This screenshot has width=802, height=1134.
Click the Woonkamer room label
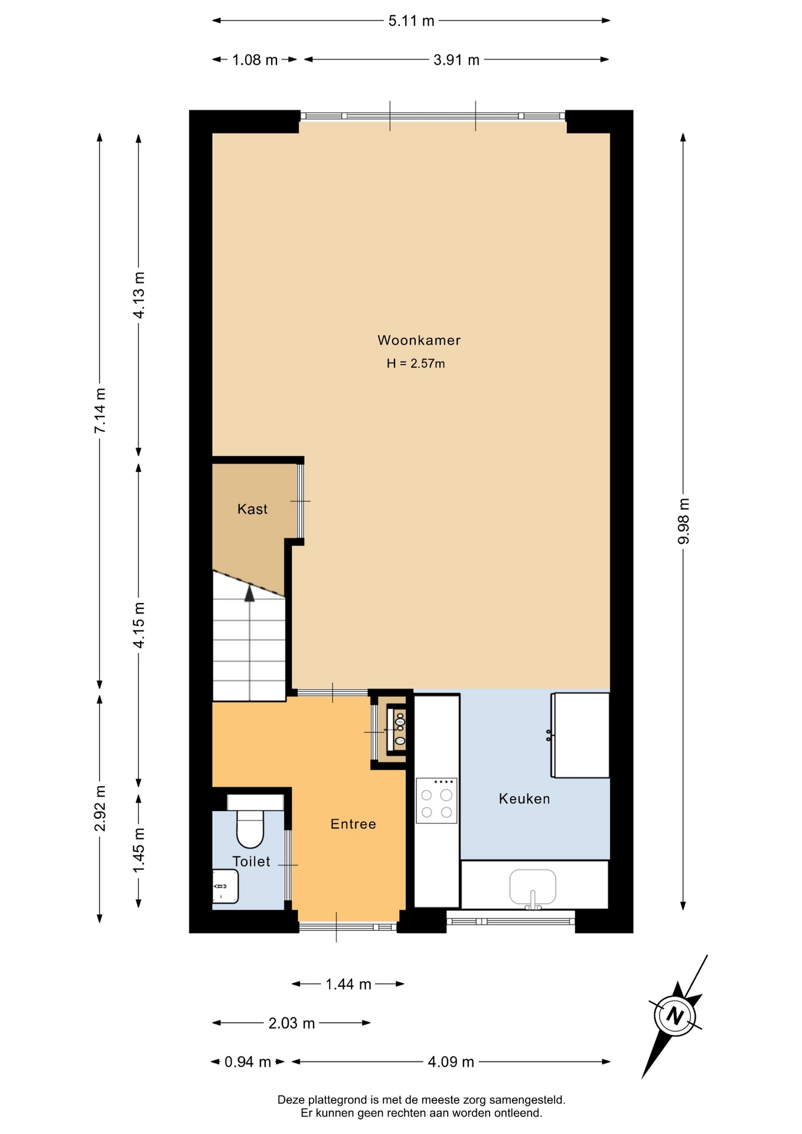[x=419, y=340]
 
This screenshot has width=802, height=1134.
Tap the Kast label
[x=252, y=509]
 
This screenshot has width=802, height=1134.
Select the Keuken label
[x=524, y=799]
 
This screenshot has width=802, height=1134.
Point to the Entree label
[x=353, y=824]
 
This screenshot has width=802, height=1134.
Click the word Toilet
[x=252, y=861]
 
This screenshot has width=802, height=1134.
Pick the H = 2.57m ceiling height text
[x=416, y=363]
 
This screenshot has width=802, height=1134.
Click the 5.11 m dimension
[x=411, y=21]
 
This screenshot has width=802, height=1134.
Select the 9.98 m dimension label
[x=683, y=522]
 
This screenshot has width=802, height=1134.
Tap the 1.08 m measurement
[x=255, y=60]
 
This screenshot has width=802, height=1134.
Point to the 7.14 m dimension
[x=100, y=410]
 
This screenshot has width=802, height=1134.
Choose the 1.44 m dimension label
[x=348, y=984]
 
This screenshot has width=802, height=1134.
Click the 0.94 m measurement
[x=247, y=1062]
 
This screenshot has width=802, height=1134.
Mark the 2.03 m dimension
[x=292, y=1023]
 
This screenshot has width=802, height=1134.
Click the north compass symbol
[x=674, y=1016]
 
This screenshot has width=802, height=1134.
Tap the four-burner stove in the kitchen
[x=436, y=800]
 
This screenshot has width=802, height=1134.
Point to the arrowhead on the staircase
[x=250, y=592]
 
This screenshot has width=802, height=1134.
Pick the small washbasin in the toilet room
[x=225, y=886]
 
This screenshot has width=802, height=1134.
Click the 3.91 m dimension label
[x=457, y=60]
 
